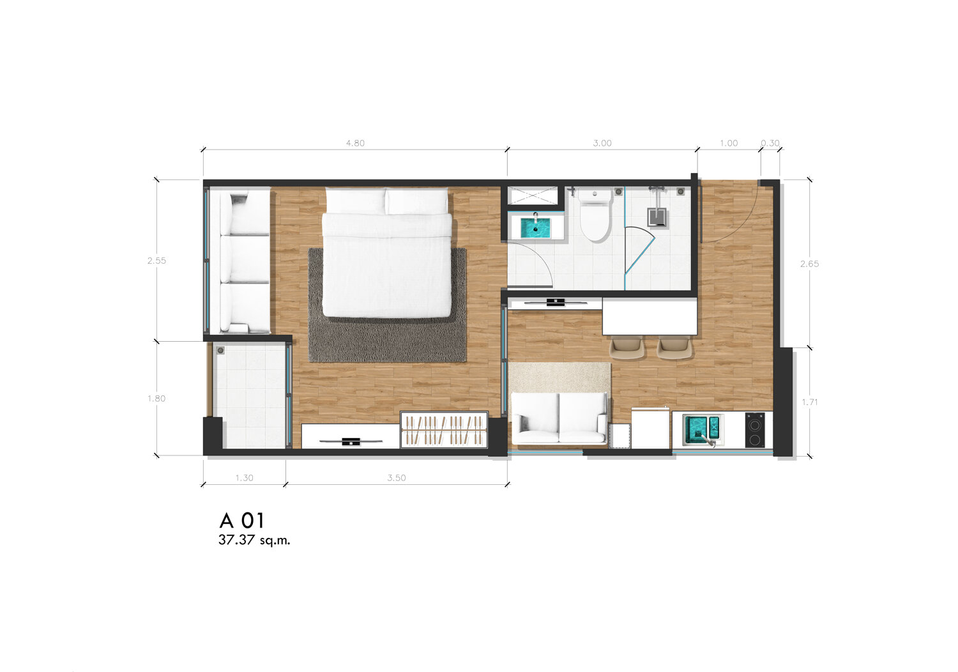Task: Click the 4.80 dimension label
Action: click(x=355, y=143)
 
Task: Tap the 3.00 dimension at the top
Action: click(x=602, y=143)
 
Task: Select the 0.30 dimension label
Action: click(x=770, y=143)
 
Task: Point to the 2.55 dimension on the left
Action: click(x=156, y=261)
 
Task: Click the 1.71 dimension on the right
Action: click(x=810, y=402)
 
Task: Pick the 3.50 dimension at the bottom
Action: click(x=397, y=478)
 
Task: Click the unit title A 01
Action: click(x=242, y=521)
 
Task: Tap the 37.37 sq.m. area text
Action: click(x=254, y=540)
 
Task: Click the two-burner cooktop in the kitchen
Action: click(x=755, y=430)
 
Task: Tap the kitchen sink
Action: click(x=702, y=429)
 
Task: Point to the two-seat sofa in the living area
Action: click(x=559, y=418)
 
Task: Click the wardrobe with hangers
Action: click(x=444, y=430)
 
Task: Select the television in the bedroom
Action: click(x=351, y=441)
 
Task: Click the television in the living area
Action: click(x=556, y=302)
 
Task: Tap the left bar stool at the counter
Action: click(x=627, y=347)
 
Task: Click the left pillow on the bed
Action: click(x=355, y=201)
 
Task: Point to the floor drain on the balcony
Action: click(x=221, y=351)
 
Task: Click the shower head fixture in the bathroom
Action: click(x=657, y=217)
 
